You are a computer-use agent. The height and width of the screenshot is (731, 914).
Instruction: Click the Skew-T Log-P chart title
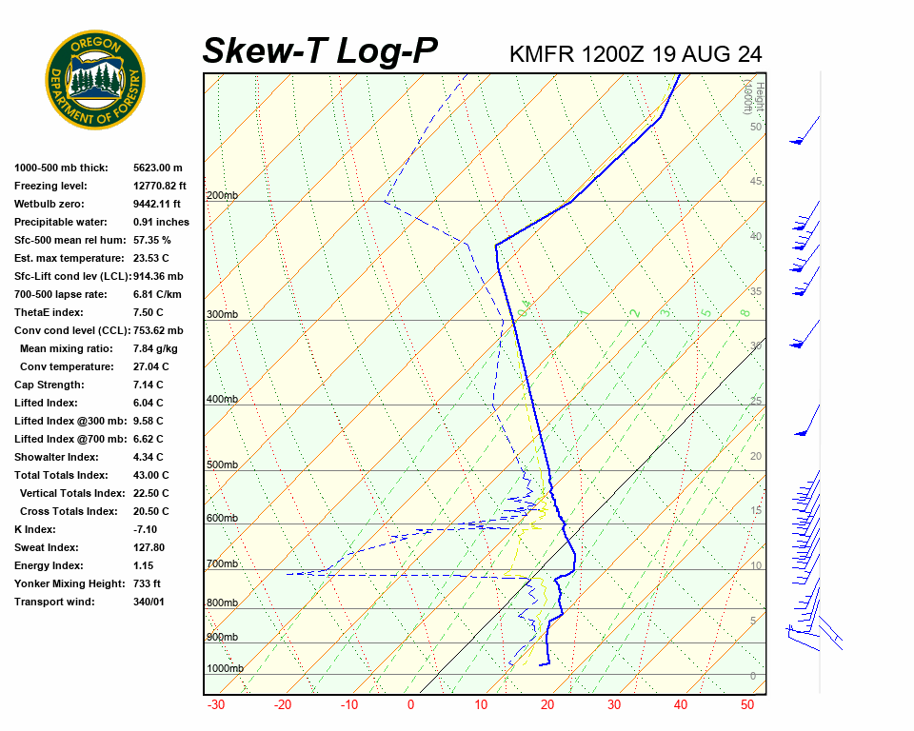coord(320,51)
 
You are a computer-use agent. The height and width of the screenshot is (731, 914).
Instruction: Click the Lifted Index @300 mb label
coord(62,421)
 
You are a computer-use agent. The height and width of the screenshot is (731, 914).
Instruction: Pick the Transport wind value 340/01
coord(149,602)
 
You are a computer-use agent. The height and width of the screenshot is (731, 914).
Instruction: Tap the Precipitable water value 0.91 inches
coord(161,222)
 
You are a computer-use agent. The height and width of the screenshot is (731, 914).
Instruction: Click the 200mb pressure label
coord(222,196)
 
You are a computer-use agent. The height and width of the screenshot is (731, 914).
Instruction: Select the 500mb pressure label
coord(222,464)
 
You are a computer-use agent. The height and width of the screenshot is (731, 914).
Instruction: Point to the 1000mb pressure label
coord(225,668)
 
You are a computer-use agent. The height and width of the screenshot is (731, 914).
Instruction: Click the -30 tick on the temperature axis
coord(216,705)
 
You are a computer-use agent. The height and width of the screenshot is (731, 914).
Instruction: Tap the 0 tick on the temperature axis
coord(411,705)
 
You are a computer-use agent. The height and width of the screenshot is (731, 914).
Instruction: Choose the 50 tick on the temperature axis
coord(747,705)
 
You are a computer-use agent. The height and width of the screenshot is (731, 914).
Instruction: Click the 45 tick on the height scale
coord(756,182)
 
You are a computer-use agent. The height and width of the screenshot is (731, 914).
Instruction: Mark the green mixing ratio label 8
coord(745,312)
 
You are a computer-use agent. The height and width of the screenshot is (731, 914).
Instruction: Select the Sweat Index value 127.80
coord(149,547)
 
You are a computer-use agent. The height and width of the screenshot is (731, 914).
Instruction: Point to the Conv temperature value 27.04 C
coord(152,366)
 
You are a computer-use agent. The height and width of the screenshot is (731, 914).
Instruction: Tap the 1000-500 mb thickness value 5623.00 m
coord(157,168)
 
